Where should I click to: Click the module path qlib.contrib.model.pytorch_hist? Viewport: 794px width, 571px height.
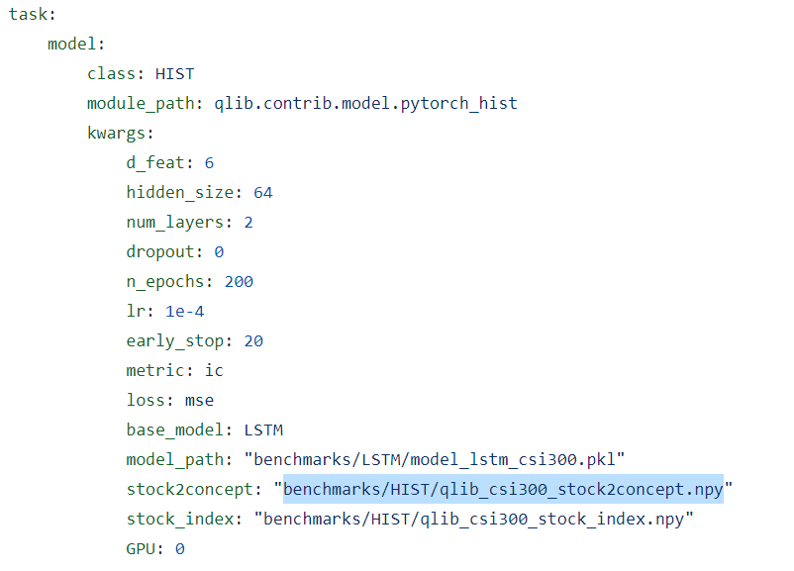coord(365,103)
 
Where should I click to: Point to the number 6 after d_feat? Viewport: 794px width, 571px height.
coord(209,162)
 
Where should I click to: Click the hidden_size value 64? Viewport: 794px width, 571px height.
coord(262,192)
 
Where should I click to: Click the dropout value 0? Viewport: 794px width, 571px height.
coord(219,251)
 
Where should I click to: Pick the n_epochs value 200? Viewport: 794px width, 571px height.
coord(239,281)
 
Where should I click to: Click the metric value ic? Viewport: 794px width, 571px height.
coord(214,370)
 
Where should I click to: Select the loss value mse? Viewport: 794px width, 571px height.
coord(199,400)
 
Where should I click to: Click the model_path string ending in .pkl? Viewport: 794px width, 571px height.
coord(439,459)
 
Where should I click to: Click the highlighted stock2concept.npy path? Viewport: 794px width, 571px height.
coord(503,489)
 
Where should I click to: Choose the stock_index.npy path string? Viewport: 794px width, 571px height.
coord(473,519)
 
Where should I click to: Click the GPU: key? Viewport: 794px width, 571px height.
coord(145,548)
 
